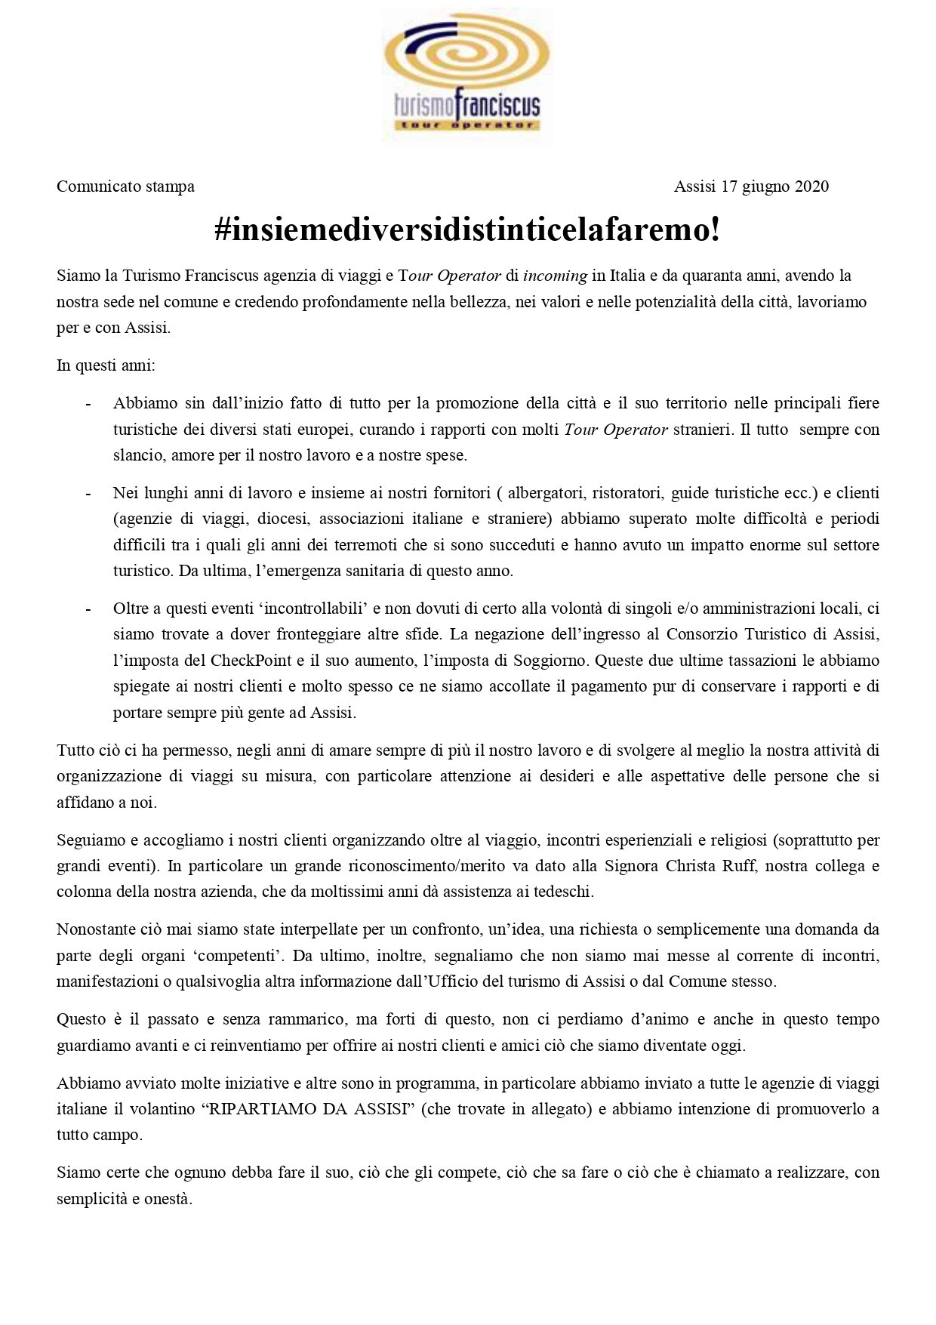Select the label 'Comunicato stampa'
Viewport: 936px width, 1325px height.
pos(125,186)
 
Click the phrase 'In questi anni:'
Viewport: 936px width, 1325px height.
pos(106,366)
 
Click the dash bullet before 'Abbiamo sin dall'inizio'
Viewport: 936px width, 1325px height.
pos(88,404)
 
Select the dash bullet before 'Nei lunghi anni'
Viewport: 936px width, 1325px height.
pos(88,494)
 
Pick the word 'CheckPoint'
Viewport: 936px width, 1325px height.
pos(251,661)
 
